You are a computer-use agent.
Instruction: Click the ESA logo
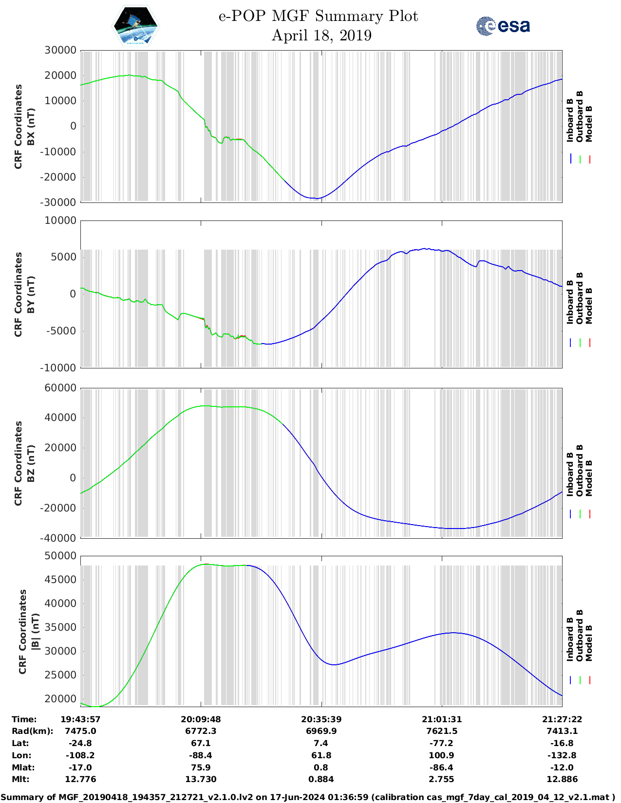pyautogui.click(x=503, y=26)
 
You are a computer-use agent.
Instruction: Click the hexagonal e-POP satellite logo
pyautogui.click(x=135, y=26)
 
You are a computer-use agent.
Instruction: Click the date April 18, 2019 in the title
pyautogui.click(x=321, y=36)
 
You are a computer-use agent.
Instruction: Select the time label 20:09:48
pyautogui.click(x=201, y=719)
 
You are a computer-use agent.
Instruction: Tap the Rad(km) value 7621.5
pyautogui.click(x=441, y=731)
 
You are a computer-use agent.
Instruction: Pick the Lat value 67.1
pyautogui.click(x=201, y=743)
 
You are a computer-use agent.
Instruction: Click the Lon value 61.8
pyautogui.click(x=321, y=755)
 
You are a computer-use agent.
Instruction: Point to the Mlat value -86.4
pyautogui.click(x=441, y=767)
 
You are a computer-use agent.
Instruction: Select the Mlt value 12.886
pyautogui.click(x=562, y=779)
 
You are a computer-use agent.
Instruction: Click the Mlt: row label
pyautogui.click(x=20, y=779)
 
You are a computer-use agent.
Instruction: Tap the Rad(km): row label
pyautogui.click(x=33, y=731)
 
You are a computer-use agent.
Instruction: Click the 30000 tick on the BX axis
pyautogui.click(x=60, y=51)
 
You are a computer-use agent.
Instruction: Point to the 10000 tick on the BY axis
pyautogui.click(x=60, y=221)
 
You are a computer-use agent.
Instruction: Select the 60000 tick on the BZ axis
pyautogui.click(x=60, y=388)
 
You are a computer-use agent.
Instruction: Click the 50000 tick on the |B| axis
pyautogui.click(x=60, y=556)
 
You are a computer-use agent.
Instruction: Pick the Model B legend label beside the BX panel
pyautogui.click(x=589, y=124)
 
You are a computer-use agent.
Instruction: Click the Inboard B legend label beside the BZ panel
pyautogui.click(x=570, y=474)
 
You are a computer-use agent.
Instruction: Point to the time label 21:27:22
pyautogui.click(x=562, y=719)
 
